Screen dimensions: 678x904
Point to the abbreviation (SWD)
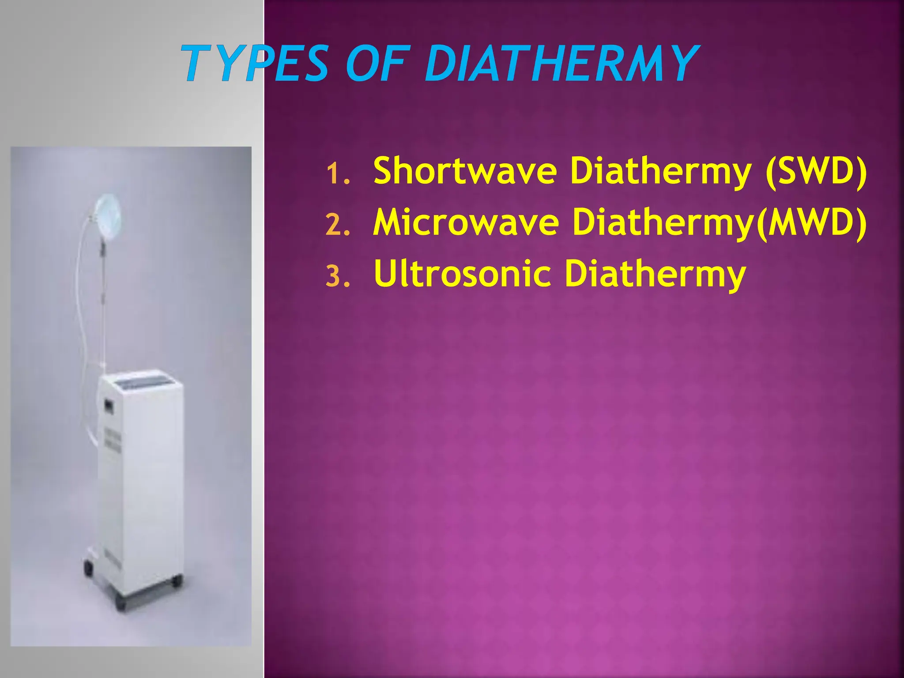(816, 172)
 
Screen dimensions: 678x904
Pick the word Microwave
(466, 222)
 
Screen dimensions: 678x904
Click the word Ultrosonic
(463, 274)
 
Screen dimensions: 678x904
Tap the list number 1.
(338, 174)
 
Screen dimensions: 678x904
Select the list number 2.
(338, 225)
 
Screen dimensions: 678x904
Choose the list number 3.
(338, 277)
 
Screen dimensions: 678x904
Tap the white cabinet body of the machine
(146, 486)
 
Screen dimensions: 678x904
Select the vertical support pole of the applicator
(103, 309)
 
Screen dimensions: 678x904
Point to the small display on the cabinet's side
(107, 404)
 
